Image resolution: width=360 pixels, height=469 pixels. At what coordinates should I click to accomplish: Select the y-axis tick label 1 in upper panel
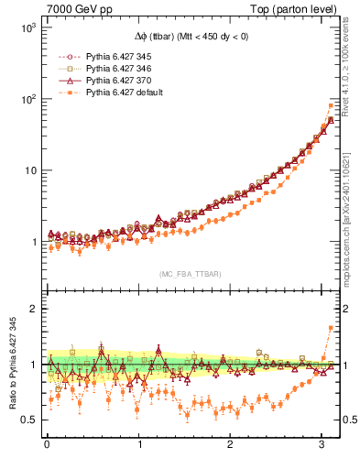click(32, 242)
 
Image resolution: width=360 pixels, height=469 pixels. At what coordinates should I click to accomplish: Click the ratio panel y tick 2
click(32, 309)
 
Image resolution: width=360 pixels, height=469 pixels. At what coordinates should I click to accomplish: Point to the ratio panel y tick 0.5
click(27, 420)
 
